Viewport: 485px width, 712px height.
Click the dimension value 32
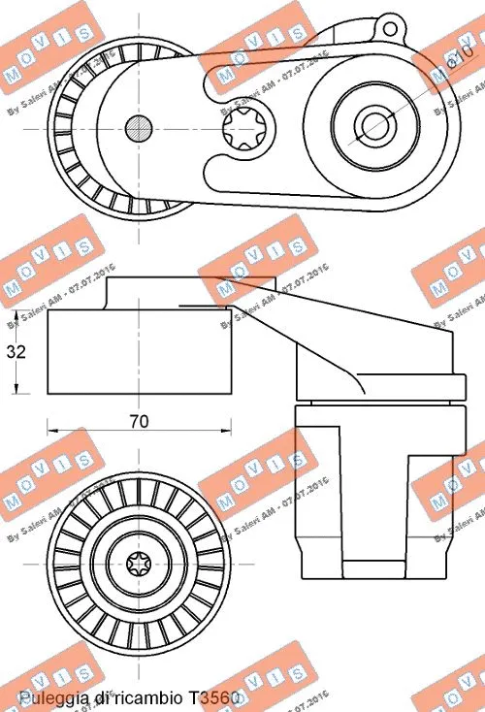15,353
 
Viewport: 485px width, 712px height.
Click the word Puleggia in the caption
49,696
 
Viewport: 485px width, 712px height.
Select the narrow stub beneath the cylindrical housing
373,574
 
